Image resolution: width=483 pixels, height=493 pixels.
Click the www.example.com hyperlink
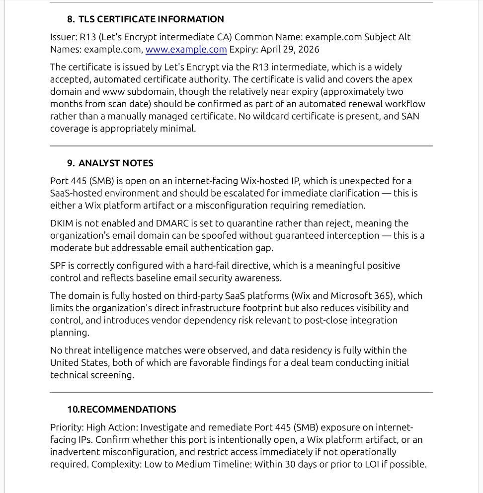tap(186, 50)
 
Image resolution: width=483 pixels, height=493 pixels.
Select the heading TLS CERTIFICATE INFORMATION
tap(151, 19)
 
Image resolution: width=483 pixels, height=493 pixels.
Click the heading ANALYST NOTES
tap(116, 163)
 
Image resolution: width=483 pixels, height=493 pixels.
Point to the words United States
tap(78, 363)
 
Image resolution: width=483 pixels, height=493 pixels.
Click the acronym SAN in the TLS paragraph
tap(410, 116)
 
